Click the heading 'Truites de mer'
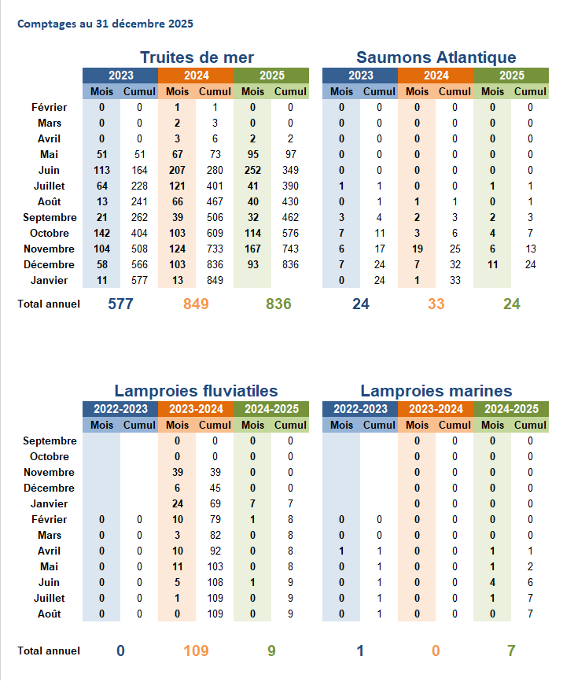click(197, 57)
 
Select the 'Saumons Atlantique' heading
click(436, 57)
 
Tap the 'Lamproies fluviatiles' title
click(196, 391)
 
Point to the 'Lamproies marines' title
click(436, 391)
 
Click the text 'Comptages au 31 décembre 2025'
click(105, 24)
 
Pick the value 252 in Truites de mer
click(252, 170)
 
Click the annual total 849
click(196, 304)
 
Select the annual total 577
click(120, 304)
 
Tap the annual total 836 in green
click(278, 304)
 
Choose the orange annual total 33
click(436, 304)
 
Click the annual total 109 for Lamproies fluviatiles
click(196, 651)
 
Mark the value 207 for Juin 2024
click(177, 170)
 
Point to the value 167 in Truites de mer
click(252, 249)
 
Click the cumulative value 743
click(290, 249)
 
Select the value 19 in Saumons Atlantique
click(417, 249)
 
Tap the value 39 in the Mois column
click(177, 473)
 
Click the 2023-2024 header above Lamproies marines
click(436, 409)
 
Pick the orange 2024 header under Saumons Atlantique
click(436, 76)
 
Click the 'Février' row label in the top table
click(50, 107)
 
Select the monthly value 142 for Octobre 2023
click(101, 233)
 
